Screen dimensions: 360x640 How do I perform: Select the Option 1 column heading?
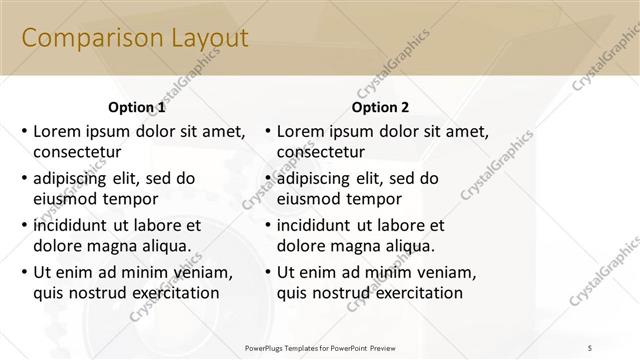(x=136, y=107)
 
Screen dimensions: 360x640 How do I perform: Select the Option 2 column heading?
(x=380, y=107)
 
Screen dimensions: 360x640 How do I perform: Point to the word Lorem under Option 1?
(x=57, y=131)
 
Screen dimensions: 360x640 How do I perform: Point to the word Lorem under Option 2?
(x=300, y=131)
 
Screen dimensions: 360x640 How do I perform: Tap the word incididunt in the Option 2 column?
(x=319, y=225)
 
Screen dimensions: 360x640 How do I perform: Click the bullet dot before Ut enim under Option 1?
(x=24, y=272)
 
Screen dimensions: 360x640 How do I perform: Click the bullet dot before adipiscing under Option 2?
(x=267, y=179)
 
